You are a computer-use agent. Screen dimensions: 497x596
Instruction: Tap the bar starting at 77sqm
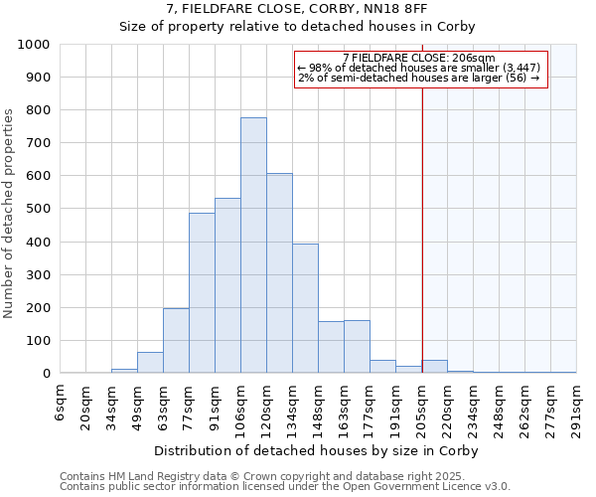(x=202, y=293)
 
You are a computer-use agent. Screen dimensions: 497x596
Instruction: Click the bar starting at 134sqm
(x=305, y=309)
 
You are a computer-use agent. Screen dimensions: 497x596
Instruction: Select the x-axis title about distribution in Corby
(x=318, y=450)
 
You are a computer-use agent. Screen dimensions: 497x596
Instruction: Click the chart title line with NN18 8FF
(x=297, y=9)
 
